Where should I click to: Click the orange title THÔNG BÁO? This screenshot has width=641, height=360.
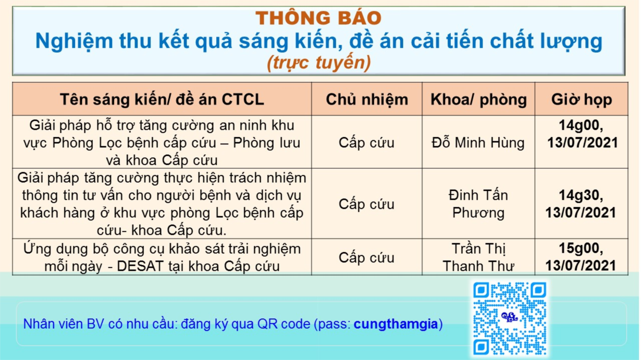318,18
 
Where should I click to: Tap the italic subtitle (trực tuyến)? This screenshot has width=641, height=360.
319,63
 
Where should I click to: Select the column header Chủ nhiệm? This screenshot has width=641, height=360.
367,100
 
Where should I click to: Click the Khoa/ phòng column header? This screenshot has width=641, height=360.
478,100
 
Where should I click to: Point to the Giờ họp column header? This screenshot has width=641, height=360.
582,100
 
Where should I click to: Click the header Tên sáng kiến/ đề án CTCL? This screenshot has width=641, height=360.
162,100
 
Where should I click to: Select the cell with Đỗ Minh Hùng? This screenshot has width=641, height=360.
478,143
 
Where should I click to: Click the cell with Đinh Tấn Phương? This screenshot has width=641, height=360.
478,204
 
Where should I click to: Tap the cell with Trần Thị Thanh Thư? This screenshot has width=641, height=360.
478,257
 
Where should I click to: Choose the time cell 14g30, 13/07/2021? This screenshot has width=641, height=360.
581,204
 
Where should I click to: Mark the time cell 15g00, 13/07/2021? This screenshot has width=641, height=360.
581,257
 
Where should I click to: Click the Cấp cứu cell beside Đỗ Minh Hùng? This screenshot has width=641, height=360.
366,143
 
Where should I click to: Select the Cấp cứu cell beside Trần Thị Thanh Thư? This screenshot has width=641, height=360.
366,257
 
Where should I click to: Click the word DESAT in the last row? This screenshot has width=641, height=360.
140,266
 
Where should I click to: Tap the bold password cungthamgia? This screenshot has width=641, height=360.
396,324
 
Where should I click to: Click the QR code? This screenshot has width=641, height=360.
510,318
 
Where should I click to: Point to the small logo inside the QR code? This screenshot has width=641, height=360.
510,317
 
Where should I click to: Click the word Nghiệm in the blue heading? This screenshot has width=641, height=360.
75,42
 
